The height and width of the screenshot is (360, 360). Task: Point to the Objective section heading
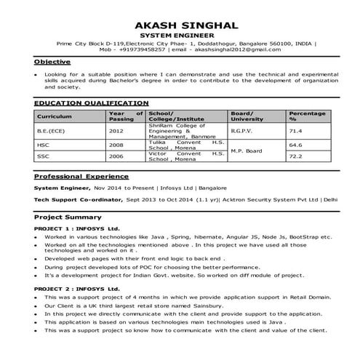click(52, 63)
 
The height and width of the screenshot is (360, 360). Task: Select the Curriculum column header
click(55, 116)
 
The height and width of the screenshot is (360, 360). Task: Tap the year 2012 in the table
click(116, 131)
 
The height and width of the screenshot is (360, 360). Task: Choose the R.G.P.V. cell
click(243, 131)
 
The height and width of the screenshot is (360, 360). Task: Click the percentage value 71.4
click(296, 131)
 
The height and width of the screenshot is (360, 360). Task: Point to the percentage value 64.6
click(296, 145)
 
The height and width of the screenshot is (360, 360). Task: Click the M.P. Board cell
click(246, 150)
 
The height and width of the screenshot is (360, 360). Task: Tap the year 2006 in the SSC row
click(116, 156)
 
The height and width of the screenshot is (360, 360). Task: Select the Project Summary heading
click(68, 217)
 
